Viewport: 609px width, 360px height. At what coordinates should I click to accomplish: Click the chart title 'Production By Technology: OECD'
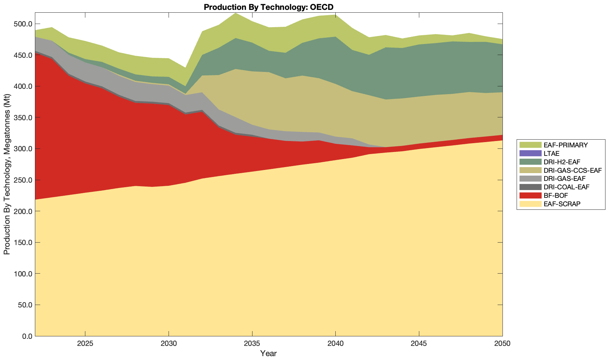point(268,7)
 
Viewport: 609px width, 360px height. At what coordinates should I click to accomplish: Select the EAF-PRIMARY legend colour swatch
point(530,145)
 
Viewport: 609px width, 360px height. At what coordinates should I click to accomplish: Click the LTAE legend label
point(552,153)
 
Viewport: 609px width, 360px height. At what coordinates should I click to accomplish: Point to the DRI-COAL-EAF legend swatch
point(530,187)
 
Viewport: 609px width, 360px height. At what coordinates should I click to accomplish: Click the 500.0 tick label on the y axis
point(23,24)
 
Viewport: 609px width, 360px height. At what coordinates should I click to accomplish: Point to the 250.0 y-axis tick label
point(23,180)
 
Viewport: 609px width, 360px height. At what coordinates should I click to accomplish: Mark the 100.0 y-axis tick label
point(23,274)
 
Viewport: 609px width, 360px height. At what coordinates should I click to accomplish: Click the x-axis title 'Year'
point(268,353)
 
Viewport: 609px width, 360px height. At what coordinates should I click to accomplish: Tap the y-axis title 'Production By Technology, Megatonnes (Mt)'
point(7,174)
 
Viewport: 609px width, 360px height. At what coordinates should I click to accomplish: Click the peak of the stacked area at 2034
point(235,13)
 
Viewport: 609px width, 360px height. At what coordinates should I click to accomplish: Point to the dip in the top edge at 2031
point(185,68)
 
